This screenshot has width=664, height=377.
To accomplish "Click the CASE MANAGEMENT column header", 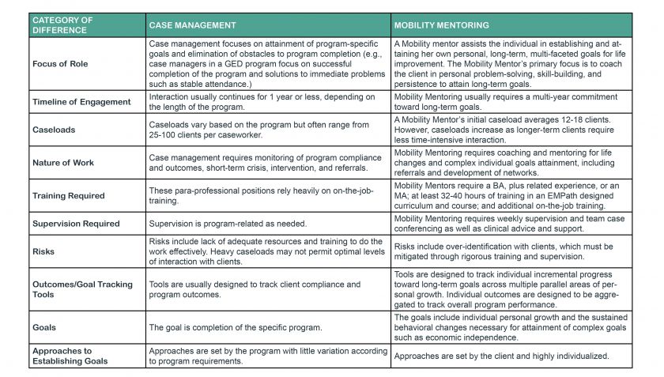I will [192, 25].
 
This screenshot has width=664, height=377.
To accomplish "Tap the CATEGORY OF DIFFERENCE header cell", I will [64, 25].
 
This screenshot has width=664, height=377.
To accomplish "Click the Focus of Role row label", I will [60, 63].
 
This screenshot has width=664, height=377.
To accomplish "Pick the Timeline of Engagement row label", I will [81, 102].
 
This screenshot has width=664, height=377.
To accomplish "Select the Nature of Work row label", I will [63, 162].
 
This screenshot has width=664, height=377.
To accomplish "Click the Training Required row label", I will [70, 195].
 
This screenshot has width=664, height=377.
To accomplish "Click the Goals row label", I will [44, 326].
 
